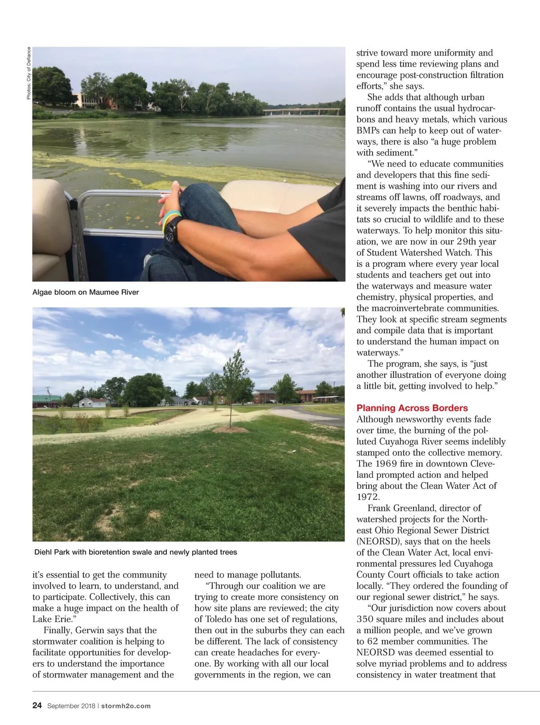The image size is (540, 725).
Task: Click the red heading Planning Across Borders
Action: [x=412, y=408]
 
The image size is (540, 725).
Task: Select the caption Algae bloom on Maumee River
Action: [x=85, y=292]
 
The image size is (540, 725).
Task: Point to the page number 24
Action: [x=37, y=706]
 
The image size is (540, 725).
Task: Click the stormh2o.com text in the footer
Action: [x=126, y=706]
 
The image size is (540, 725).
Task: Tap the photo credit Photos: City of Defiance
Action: [x=29, y=73]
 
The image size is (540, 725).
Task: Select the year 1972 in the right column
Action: [x=368, y=497]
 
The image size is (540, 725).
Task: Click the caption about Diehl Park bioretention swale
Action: [x=135, y=552]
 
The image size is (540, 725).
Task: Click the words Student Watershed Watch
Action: [x=429, y=253]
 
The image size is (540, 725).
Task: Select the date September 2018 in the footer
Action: [x=71, y=706]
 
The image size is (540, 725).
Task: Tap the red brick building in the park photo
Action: [x=265, y=396]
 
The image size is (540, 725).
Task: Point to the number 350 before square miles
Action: [x=368, y=619]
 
